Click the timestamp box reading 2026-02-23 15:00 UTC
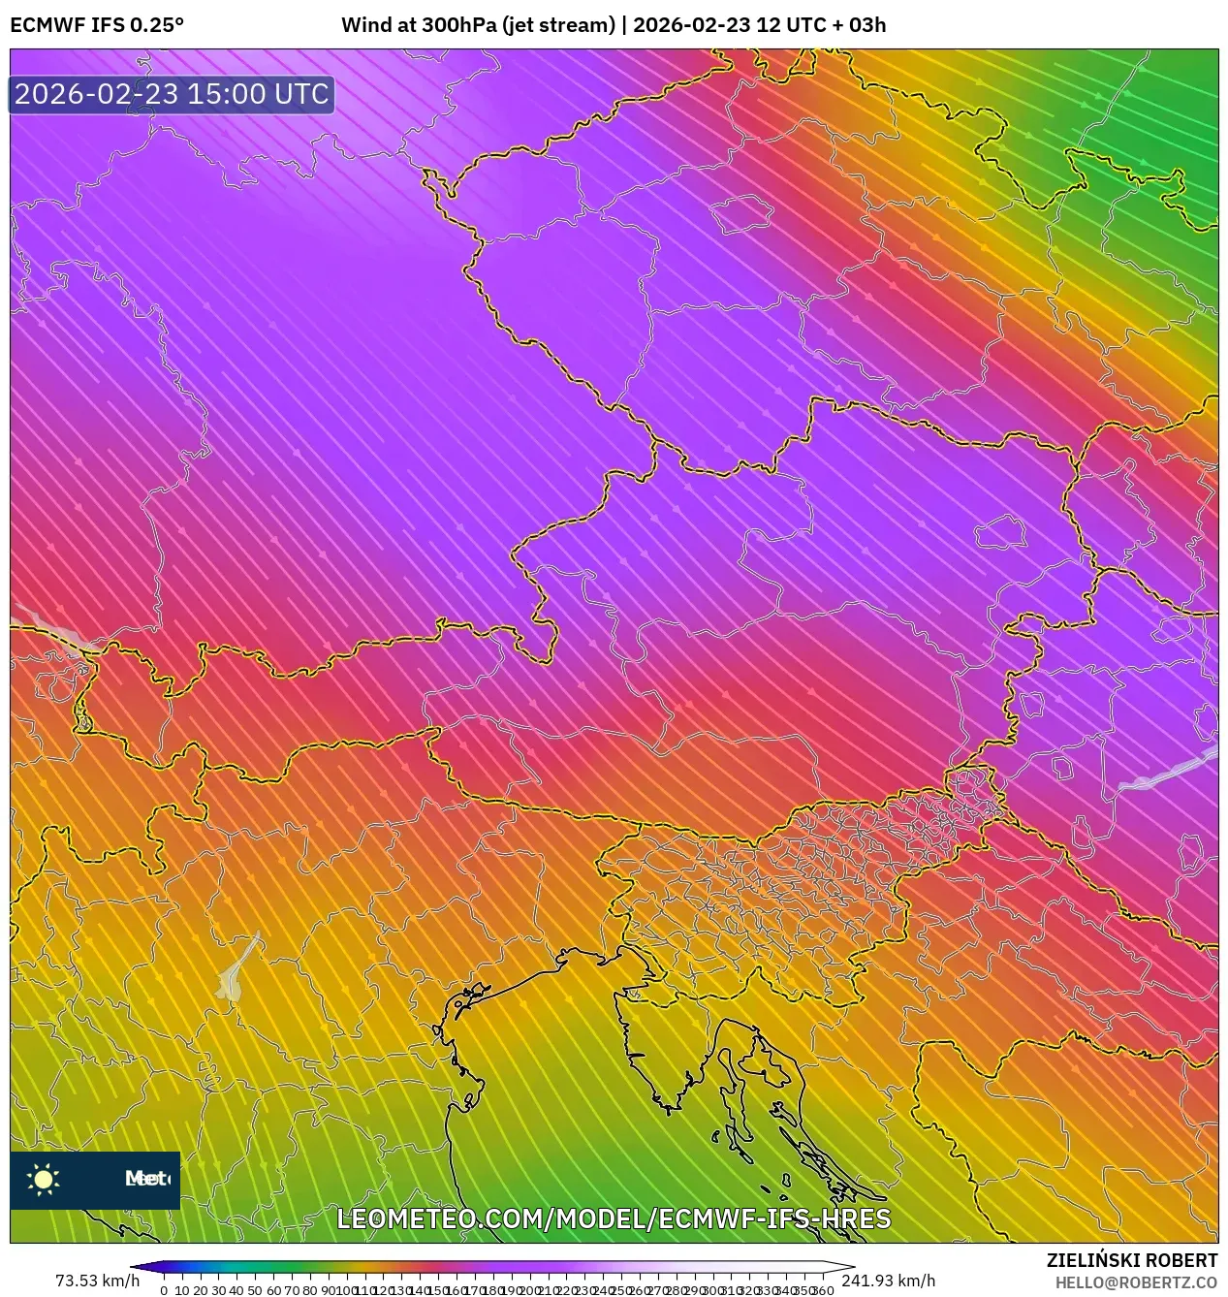pyautogui.click(x=172, y=94)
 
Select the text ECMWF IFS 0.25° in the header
pyautogui.click(x=97, y=25)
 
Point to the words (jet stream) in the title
pyautogui.click(x=558, y=25)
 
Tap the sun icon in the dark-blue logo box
pyautogui.click(x=44, y=1179)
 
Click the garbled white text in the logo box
pyautogui.click(x=146, y=1179)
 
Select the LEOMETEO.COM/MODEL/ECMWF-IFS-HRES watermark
pyautogui.click(x=614, y=1218)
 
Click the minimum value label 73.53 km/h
pyautogui.click(x=97, y=1281)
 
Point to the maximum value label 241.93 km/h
pyautogui.click(x=888, y=1281)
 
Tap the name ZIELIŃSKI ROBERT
pyautogui.click(x=1131, y=1260)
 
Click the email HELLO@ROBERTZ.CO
pyautogui.click(x=1136, y=1282)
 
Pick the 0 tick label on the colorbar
pyautogui.click(x=164, y=1290)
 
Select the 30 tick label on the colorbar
pyautogui.click(x=218, y=1290)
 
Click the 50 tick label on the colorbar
pyautogui.click(x=255, y=1290)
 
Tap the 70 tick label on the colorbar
pyautogui.click(x=292, y=1290)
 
